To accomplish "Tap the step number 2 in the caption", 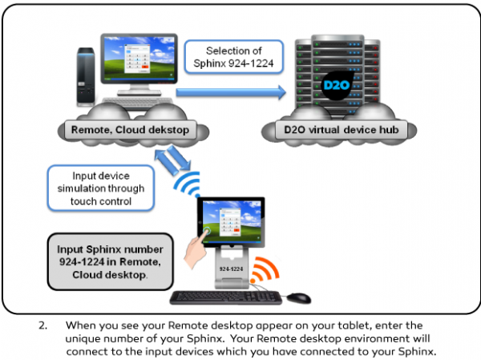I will (42, 326).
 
